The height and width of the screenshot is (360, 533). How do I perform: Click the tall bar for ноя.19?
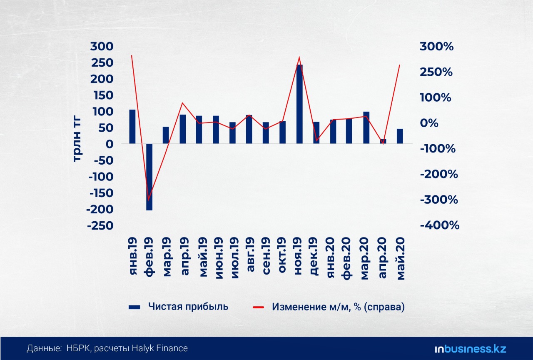coord(299,104)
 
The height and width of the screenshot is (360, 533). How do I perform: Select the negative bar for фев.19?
coord(149,177)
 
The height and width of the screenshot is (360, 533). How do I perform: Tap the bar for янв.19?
coord(132,127)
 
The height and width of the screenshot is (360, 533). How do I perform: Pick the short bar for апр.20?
coord(383,141)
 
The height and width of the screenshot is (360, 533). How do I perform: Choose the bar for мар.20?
coord(366,127)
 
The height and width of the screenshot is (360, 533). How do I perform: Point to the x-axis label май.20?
coord(401,259)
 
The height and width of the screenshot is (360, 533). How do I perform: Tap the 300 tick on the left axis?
coord(102,46)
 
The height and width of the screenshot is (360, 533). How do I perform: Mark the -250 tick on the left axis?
coord(100,225)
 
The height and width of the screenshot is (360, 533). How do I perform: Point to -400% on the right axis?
coord(439,225)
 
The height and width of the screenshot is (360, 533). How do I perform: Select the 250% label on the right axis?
coord(436,72)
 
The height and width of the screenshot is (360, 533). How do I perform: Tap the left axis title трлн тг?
coord(77,140)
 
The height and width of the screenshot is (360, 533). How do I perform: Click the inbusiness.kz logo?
coord(470,349)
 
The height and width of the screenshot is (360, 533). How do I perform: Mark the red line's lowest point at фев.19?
coord(149,200)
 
